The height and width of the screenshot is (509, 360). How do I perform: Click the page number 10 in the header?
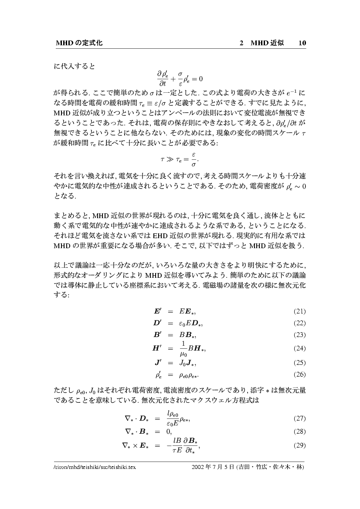tap(302, 43)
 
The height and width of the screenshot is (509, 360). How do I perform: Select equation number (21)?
tap(299, 311)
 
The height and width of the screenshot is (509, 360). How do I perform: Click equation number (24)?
tap(299, 349)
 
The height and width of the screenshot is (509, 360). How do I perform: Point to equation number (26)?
tap(299, 374)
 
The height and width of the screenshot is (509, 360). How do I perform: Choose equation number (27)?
tap(299, 418)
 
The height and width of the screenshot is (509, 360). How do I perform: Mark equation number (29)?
tap(299, 445)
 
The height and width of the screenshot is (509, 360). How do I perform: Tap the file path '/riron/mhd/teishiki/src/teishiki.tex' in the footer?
tap(95, 467)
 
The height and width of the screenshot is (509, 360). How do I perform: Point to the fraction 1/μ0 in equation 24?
tap(183, 349)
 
